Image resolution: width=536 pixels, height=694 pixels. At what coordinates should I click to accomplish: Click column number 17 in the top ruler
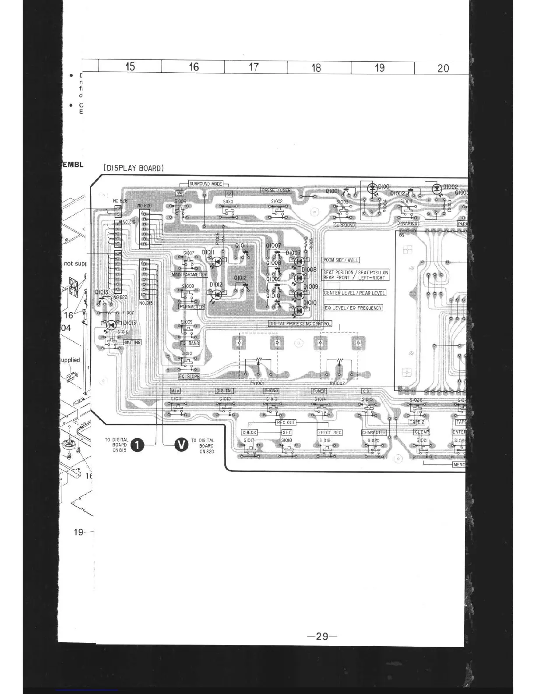point(254,67)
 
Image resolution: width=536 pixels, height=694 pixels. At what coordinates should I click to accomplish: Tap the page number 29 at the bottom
point(322,636)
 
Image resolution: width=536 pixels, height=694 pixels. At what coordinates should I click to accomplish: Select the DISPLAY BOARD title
point(134,168)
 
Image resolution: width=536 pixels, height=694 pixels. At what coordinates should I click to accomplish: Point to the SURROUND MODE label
point(205,184)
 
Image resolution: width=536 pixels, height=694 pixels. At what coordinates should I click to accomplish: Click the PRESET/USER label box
point(276,190)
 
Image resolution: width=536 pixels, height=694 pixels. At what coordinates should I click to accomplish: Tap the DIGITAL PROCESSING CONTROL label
point(300,324)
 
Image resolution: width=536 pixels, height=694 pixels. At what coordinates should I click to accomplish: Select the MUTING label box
point(132,342)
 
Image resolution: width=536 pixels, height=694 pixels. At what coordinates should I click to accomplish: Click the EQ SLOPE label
point(189,376)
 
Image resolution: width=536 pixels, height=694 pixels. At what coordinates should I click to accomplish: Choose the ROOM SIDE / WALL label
point(341,260)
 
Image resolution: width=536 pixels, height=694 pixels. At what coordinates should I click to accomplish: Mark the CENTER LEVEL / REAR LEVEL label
point(355,293)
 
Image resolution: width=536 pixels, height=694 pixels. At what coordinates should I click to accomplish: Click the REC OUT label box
point(286,422)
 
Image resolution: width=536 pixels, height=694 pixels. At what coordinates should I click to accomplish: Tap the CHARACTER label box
point(374,432)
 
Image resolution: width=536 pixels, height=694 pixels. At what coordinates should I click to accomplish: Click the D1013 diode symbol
point(111,325)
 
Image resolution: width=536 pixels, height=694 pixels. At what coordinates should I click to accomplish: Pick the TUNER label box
point(319,391)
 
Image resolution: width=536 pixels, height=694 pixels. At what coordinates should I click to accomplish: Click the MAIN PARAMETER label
point(189,274)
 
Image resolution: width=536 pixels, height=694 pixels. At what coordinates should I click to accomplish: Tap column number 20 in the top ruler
point(443,68)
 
